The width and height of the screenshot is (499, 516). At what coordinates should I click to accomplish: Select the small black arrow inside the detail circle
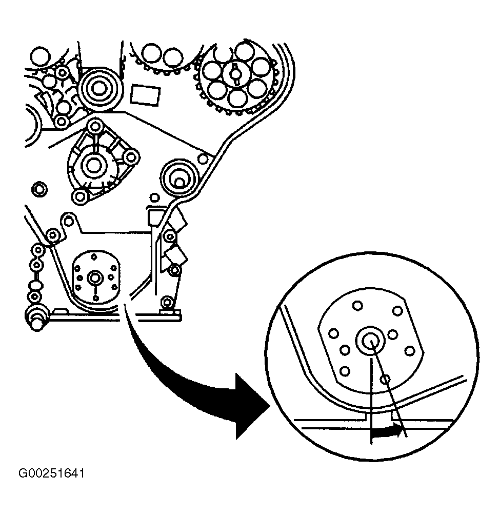[386, 432]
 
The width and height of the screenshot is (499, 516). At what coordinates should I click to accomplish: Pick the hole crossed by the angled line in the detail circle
[386, 379]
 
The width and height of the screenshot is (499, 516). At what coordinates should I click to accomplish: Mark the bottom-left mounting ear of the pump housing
[78, 195]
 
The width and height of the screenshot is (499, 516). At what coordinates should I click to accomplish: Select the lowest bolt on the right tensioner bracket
[166, 302]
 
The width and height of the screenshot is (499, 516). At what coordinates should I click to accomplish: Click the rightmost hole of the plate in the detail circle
[409, 351]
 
